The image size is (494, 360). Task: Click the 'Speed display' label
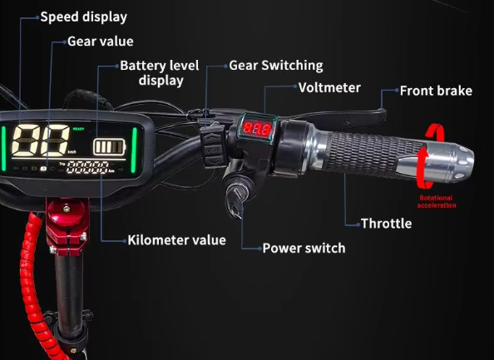click(83, 17)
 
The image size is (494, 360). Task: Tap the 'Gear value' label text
click(100, 42)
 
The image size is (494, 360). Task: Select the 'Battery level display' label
click(160, 73)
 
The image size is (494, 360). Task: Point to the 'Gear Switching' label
click(276, 66)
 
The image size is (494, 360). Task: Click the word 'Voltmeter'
click(329, 87)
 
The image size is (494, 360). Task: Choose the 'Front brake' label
click(436, 91)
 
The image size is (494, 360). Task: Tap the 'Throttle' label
click(386, 224)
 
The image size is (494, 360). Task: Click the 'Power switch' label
click(304, 248)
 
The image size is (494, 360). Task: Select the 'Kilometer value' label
click(177, 240)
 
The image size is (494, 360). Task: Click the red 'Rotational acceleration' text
click(437, 201)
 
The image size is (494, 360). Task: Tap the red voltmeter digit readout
click(257, 129)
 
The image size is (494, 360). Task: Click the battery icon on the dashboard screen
click(109, 147)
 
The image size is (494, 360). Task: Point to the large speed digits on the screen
click(40, 141)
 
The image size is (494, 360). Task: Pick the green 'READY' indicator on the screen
click(78, 129)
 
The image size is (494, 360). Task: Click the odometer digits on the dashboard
click(87, 167)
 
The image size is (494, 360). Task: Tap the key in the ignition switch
click(235, 201)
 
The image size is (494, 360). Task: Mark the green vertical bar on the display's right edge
click(134, 150)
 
